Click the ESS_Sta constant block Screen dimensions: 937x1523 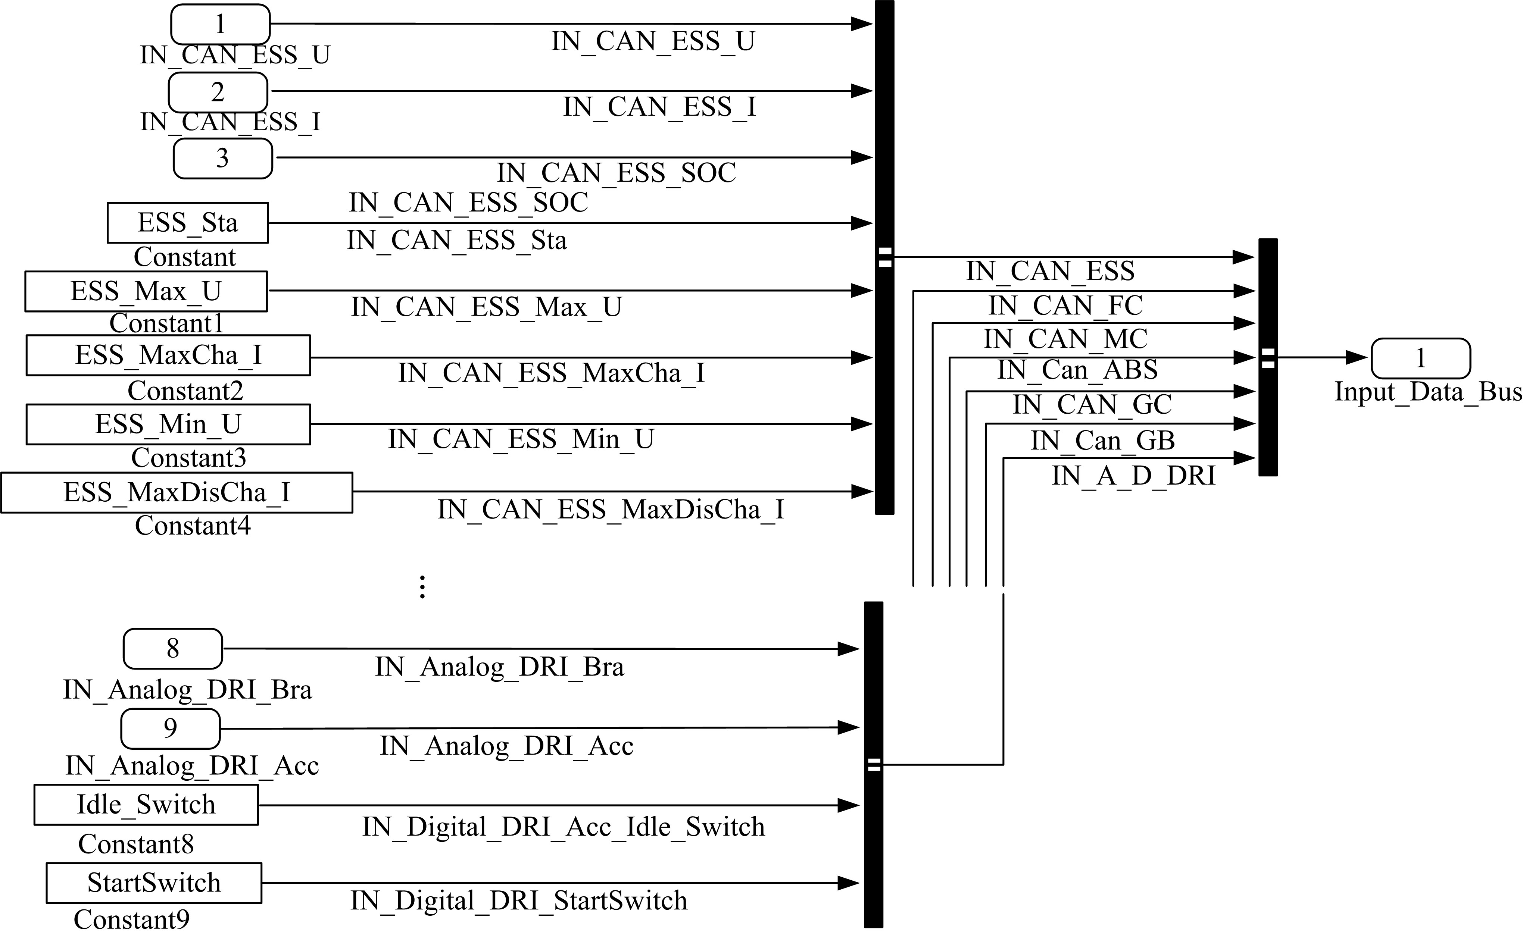[x=187, y=222]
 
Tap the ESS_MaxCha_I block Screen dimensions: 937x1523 [x=168, y=355]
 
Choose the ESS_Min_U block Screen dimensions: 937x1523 [x=168, y=424]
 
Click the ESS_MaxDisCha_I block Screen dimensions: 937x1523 [x=177, y=493]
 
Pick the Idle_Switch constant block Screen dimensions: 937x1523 [x=146, y=804]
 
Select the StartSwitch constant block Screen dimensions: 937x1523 [x=154, y=883]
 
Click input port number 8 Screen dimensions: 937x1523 [x=173, y=648]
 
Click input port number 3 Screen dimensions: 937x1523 [x=222, y=158]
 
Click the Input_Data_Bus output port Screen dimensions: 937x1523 [x=1420, y=358]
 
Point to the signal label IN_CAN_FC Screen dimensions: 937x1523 [x=1065, y=305]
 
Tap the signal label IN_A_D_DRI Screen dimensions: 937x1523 [x=1133, y=476]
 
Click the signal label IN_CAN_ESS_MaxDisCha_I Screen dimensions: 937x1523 [x=611, y=510]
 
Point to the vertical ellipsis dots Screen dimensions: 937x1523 [x=422, y=586]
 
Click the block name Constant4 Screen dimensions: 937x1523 [x=193, y=526]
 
